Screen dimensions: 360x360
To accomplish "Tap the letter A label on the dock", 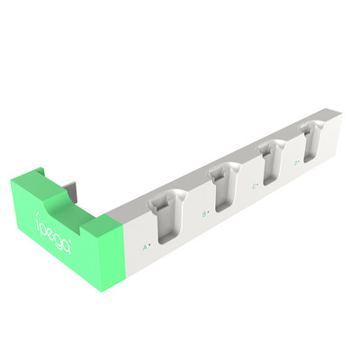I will click(x=144, y=245).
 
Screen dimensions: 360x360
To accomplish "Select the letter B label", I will click(x=204, y=213).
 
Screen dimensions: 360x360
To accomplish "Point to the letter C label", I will click(x=254, y=186).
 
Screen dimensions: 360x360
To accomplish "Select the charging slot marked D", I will click(x=310, y=136).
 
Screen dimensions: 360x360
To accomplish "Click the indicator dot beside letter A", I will click(x=149, y=244).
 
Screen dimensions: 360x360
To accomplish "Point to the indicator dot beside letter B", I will click(x=210, y=212).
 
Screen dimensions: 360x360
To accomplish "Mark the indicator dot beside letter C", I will click(x=259, y=185).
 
